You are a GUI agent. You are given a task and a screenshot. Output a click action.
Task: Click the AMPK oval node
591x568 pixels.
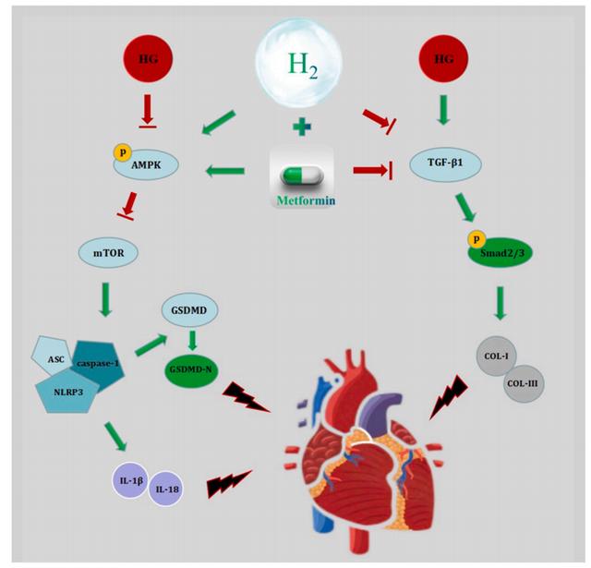[146, 164]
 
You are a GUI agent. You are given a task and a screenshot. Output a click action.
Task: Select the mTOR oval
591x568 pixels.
[109, 252]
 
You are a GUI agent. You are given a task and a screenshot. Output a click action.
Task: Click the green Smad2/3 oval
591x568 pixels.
[501, 253]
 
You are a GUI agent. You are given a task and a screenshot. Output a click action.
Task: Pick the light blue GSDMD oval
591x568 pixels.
[189, 309]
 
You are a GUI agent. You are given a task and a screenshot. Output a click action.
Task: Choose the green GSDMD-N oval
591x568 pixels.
[191, 369]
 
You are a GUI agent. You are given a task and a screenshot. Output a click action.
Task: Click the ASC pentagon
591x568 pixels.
[52, 357]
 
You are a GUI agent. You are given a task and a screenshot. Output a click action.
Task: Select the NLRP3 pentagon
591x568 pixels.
[67, 392]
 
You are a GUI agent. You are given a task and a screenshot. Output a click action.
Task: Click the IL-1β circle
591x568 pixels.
[130, 480]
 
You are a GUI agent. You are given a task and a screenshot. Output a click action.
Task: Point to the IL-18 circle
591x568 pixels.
[166, 489]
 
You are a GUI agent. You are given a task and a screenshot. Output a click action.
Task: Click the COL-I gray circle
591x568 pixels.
[497, 356]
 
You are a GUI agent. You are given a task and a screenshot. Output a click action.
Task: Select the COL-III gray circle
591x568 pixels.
[523, 383]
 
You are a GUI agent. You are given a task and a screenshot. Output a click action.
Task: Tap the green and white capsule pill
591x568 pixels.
[302, 175]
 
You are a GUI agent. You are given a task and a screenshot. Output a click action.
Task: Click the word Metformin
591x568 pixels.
[306, 200]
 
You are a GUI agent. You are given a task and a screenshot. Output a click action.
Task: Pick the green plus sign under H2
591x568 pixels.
[302, 126]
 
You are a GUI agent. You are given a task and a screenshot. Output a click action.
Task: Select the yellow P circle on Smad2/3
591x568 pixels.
[476, 239]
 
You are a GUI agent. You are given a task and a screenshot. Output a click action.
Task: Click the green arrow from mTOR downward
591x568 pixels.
[105, 299]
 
